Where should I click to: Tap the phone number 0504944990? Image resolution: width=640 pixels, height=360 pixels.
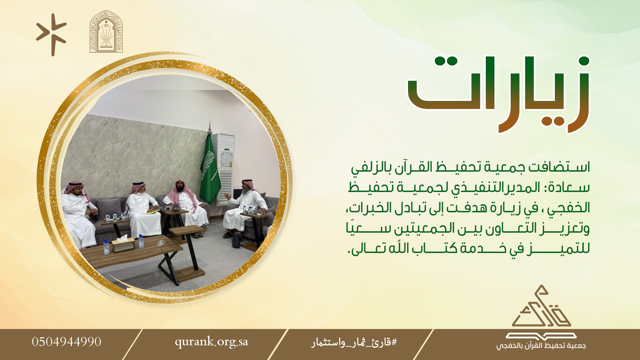pyautogui.click(x=67, y=342)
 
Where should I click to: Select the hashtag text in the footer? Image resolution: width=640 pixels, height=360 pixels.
pyautogui.click(x=354, y=342)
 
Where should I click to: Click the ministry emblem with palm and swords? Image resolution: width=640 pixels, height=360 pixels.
pyautogui.click(x=106, y=31)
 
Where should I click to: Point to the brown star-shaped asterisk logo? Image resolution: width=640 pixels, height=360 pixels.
pyautogui.click(x=52, y=35)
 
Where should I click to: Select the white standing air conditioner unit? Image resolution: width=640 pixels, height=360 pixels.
pyautogui.click(x=223, y=168)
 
